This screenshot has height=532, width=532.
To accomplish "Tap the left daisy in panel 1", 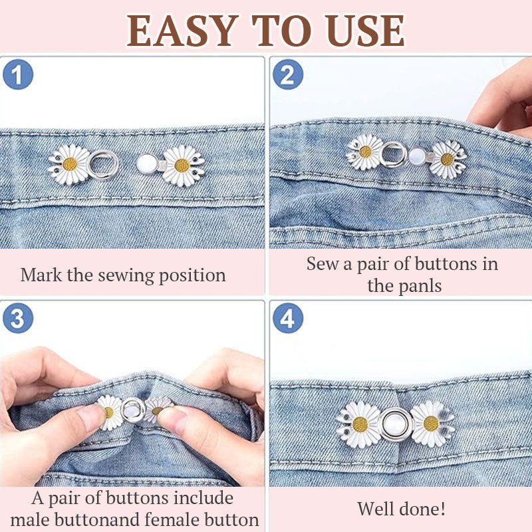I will (69, 164).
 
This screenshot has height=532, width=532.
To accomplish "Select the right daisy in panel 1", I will (182, 166).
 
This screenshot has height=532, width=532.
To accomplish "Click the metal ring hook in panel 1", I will (104, 163).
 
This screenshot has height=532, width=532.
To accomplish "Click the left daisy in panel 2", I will (365, 152).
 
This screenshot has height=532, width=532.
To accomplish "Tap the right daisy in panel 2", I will (447, 159).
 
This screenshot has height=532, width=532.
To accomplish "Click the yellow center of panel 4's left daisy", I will (360, 424).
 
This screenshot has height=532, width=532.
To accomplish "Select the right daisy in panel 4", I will (431, 423).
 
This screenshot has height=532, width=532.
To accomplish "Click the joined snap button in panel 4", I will (396, 424).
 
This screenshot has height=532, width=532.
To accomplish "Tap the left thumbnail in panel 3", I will (89, 418).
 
